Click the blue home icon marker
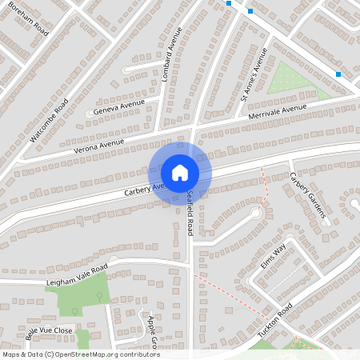coord(180,173)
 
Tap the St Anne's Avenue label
coord(254,74)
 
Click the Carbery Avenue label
coord(144,189)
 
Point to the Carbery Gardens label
coord(309,196)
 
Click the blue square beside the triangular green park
coord(339,74)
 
